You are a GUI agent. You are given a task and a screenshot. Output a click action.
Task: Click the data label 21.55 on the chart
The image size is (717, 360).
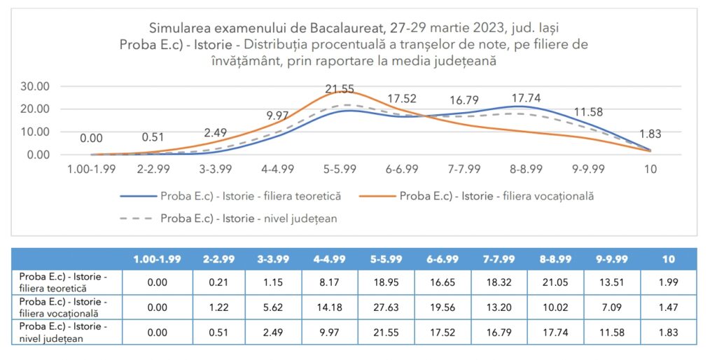pos(340,89)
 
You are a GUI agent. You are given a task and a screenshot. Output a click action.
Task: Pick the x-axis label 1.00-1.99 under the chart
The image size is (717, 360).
pos(92,169)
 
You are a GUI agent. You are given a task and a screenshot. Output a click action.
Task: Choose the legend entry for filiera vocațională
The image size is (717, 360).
pos(496,196)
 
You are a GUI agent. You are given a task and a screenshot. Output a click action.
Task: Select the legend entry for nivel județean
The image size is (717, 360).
pos(249,219)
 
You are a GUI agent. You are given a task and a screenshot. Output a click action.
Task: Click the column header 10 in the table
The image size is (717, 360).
pos(668,259)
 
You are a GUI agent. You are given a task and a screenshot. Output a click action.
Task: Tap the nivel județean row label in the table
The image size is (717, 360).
pos(64,332)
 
